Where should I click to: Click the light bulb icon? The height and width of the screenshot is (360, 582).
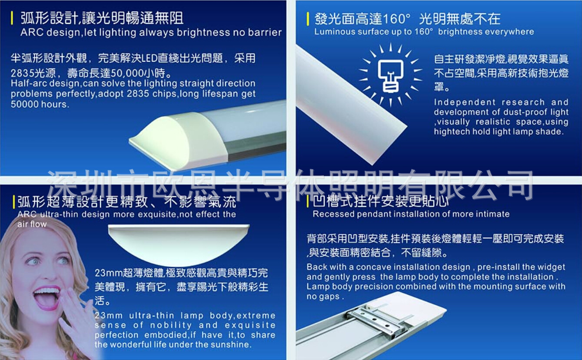[x=390, y=75]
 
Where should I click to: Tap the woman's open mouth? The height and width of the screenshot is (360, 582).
[x=47, y=298]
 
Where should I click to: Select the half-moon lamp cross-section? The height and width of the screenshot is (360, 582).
[x=179, y=244]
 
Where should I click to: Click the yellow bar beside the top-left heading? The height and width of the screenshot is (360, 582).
[x=12, y=18]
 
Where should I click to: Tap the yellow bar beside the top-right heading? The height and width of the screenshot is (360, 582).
[x=308, y=19]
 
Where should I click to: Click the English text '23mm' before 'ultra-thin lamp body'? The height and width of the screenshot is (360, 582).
[x=109, y=315]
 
